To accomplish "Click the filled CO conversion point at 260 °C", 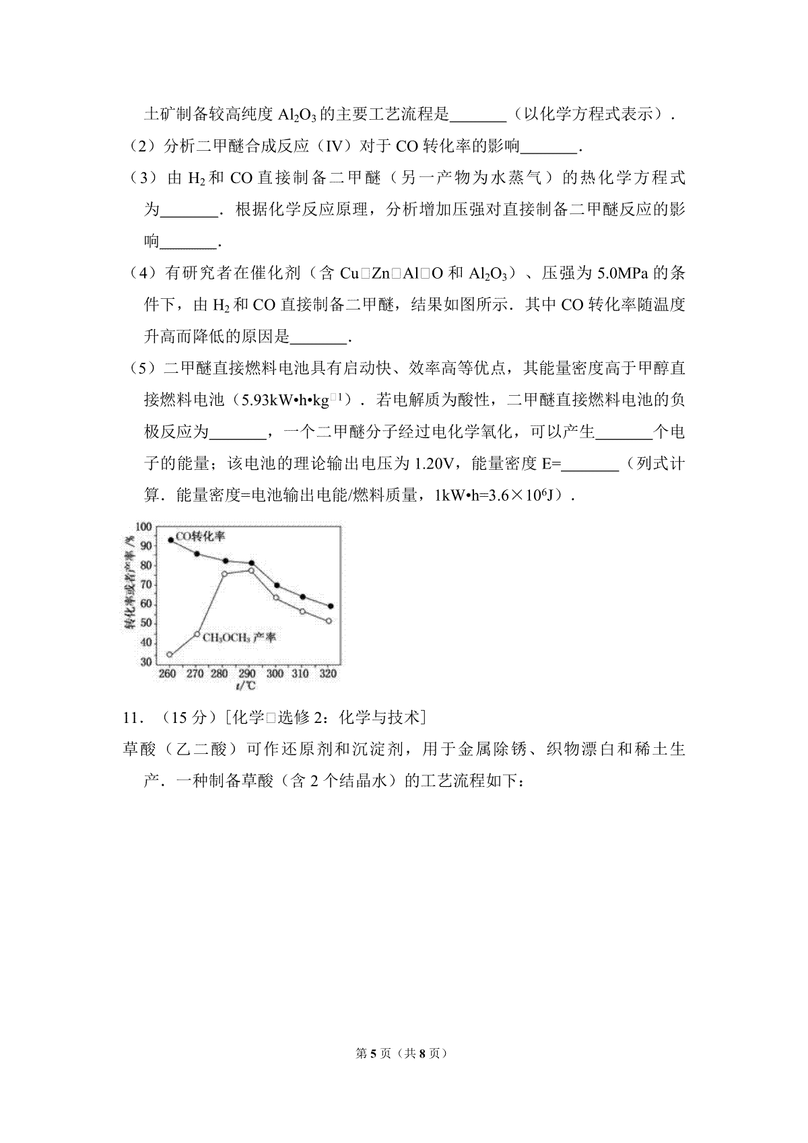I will [x=171, y=540].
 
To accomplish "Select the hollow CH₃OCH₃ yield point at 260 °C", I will [x=170, y=654].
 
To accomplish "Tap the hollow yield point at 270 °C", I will [x=197, y=634].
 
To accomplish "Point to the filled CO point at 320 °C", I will [x=330, y=606].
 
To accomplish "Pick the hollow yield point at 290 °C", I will [x=250, y=570].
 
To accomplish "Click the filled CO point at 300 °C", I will [x=276, y=586].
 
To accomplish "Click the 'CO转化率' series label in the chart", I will [x=200, y=536].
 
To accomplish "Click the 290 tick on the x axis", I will [x=247, y=673].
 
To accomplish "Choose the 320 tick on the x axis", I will [x=327, y=673].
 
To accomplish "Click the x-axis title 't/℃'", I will [x=246, y=686].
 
